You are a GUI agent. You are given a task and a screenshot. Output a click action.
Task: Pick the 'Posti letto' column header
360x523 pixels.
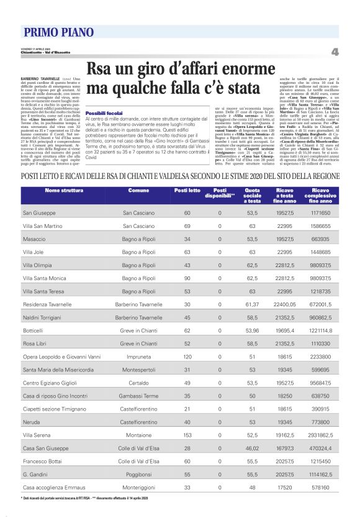[187, 190]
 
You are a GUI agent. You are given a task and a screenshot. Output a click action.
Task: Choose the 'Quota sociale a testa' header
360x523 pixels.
[253, 196]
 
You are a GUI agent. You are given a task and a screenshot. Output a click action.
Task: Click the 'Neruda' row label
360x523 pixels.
[32, 421]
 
